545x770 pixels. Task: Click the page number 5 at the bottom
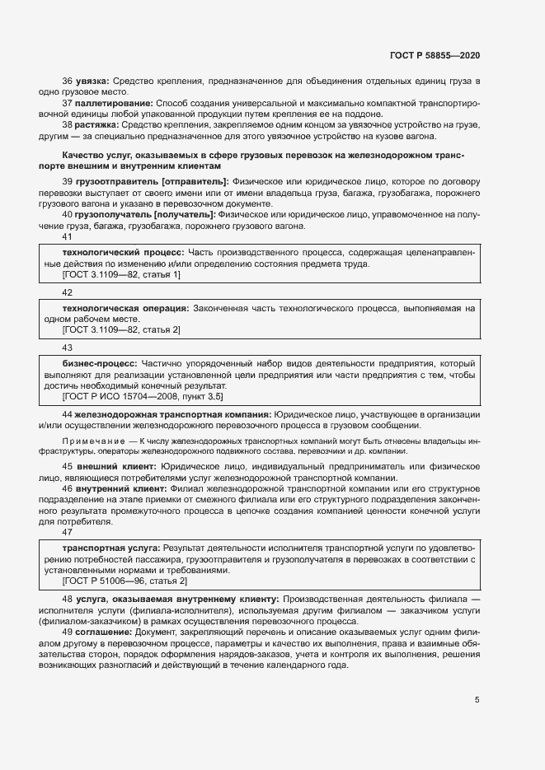coord(477,700)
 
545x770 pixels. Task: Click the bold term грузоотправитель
coord(117,180)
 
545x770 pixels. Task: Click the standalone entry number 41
coord(68,237)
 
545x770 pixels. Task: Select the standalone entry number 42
coord(68,293)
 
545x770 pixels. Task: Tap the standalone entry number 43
coord(68,348)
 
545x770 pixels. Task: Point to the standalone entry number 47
coord(68,534)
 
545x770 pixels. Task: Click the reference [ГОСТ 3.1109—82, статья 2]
coord(121,330)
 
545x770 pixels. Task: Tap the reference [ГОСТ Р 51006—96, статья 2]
coord(125,581)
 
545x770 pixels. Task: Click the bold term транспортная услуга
coord(111,548)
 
